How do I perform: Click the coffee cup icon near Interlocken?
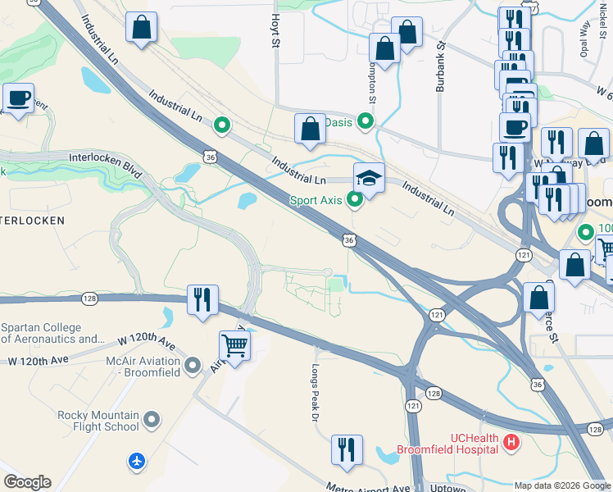[18, 99]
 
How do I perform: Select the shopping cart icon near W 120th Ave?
[234, 346]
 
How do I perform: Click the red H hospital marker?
[511, 443]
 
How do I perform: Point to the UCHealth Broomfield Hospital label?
[447, 444]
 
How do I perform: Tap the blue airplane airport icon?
[137, 462]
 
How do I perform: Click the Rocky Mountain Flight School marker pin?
[152, 421]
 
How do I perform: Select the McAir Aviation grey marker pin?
[193, 365]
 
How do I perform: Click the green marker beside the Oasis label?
[366, 122]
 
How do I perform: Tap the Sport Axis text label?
[316, 199]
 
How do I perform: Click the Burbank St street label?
[440, 66]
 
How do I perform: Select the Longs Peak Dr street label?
[315, 394]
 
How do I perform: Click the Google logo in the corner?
[27, 482]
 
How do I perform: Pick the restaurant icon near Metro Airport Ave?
[347, 450]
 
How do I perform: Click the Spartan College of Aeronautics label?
[52, 332]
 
